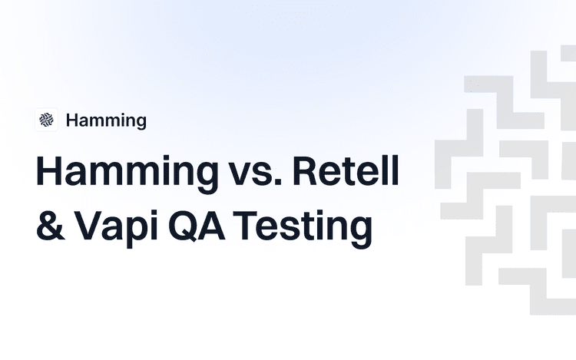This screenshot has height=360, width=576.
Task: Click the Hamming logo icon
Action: pos(47,120)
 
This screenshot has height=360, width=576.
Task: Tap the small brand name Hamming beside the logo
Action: pos(106,120)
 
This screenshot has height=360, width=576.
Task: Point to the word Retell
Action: pos(346,173)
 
